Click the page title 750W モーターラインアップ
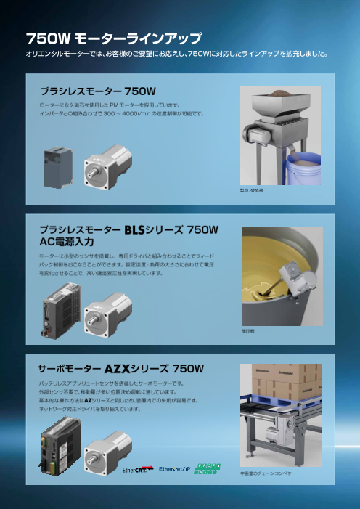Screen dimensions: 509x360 click(113, 38)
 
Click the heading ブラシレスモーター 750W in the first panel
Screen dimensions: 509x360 click(98, 91)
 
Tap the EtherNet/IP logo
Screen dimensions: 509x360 click(175, 468)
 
